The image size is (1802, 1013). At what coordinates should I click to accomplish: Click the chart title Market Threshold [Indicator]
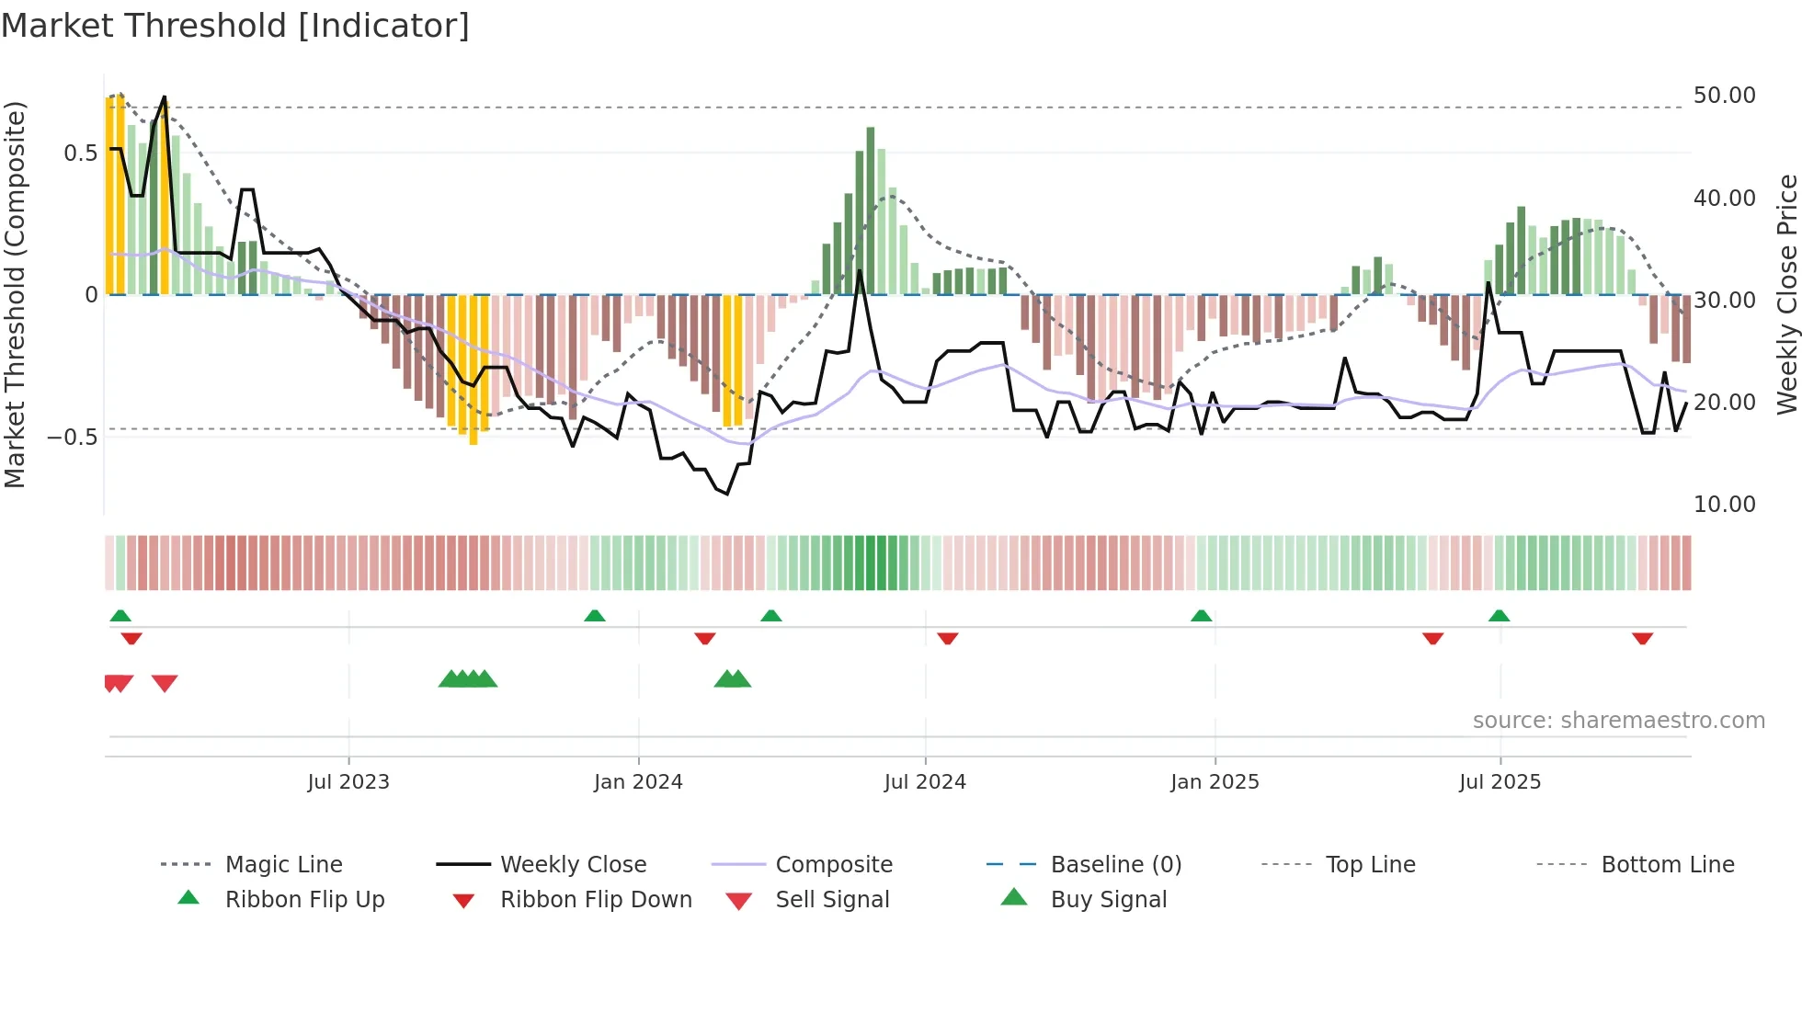pos(235,26)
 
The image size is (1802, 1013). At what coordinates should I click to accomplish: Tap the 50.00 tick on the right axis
pos(1724,96)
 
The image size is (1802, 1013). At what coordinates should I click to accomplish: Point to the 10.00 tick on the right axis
pos(1724,505)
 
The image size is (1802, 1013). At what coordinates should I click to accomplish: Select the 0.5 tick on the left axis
pos(80,154)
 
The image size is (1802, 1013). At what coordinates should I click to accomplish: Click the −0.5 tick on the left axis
pos(73,438)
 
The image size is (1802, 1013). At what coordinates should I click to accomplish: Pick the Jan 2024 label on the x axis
pos(638,782)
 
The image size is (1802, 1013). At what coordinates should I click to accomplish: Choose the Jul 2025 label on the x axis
pos(1500,782)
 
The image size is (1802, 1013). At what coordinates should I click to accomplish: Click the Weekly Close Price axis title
pos(1786,294)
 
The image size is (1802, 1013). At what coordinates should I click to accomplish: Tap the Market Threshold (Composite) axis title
pos(15,294)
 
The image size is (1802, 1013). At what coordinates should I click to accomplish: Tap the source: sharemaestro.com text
pos(1618,721)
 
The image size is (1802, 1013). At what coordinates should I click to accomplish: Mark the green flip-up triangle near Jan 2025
pos(1201,616)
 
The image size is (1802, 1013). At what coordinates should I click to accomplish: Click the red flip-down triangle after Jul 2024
pos(948,638)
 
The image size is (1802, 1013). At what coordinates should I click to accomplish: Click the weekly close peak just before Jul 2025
pos(1488,283)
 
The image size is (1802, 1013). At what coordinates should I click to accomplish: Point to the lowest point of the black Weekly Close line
pos(727,494)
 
